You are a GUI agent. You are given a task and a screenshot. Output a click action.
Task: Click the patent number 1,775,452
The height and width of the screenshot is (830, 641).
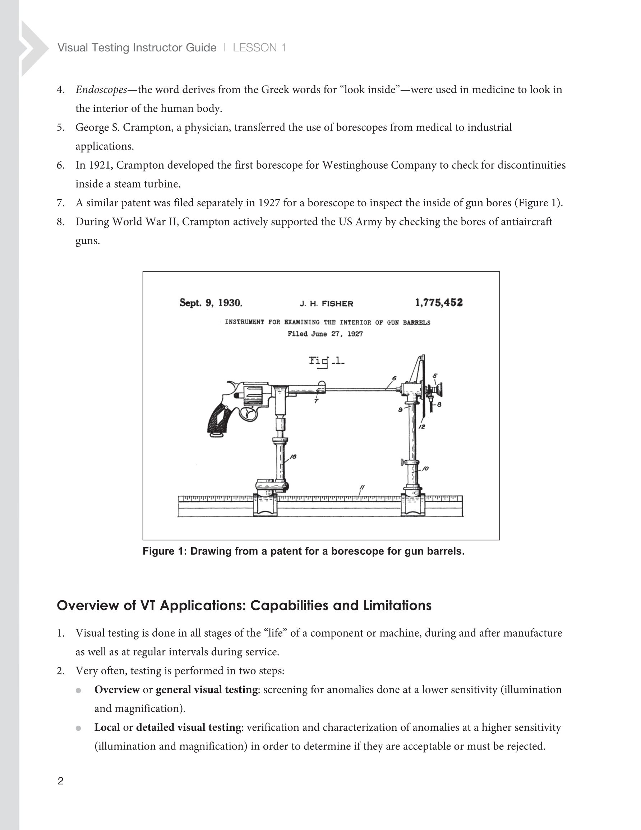pos(439,303)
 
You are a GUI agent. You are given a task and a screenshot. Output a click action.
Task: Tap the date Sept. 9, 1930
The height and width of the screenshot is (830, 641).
pos(211,303)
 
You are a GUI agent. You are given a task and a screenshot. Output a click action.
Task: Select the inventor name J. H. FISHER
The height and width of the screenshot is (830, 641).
pos(326,304)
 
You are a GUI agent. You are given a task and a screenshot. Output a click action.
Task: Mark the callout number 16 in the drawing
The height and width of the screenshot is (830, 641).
pos(293,457)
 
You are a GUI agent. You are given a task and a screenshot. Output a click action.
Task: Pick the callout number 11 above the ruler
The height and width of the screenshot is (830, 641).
pos(362,487)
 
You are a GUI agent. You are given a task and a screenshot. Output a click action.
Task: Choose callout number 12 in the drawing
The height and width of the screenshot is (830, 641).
pos(422,427)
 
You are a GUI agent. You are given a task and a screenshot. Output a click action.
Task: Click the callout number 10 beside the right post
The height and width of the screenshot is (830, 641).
pos(425,469)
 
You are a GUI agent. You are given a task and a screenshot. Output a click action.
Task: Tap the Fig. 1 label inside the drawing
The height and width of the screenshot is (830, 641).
pos(326,361)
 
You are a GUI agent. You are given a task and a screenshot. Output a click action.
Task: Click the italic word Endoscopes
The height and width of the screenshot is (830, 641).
pos(101,90)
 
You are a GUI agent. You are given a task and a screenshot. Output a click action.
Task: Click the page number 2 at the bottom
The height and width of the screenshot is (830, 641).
pos(60,781)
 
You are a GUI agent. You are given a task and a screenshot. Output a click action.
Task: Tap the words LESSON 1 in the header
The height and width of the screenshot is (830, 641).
pos(259,47)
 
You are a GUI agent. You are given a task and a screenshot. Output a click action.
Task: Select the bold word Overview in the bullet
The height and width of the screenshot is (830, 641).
pos(117,690)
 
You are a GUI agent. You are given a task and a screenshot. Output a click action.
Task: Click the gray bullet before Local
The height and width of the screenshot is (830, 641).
pos(78,728)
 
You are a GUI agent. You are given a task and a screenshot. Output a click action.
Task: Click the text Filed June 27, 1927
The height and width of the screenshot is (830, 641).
pos(325,334)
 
